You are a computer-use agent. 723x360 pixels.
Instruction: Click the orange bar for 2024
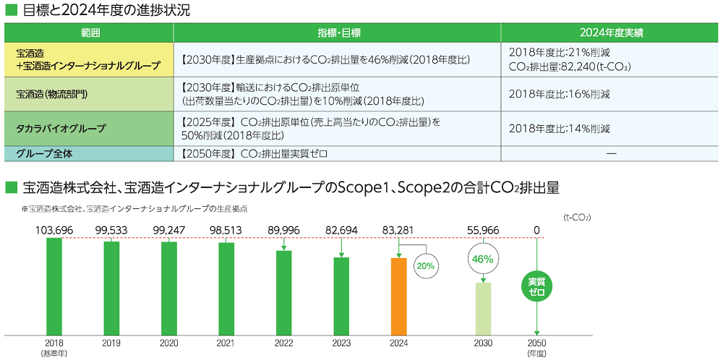pos(399,297)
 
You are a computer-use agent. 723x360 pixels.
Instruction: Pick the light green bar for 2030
pos(482,309)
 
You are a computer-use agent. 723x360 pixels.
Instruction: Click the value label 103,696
pos(54,230)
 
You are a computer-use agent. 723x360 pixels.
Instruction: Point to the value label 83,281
pos(399,230)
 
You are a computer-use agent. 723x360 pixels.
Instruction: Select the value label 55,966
pos(482,230)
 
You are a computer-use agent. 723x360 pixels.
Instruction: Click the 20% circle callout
pos(425,265)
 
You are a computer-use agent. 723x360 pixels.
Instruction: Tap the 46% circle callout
pos(482,259)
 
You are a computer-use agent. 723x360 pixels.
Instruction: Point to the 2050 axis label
pos(536,343)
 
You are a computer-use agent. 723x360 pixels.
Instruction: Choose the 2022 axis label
pos(284,343)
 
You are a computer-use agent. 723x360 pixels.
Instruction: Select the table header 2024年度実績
pos(611,33)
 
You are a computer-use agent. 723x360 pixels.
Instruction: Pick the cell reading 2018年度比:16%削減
pos(559,94)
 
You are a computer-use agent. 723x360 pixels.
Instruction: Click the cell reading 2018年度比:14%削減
pos(559,129)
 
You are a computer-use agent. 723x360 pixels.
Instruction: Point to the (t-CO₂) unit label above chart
pos(576,215)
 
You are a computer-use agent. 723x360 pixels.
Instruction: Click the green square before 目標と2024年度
pos(10,10)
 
